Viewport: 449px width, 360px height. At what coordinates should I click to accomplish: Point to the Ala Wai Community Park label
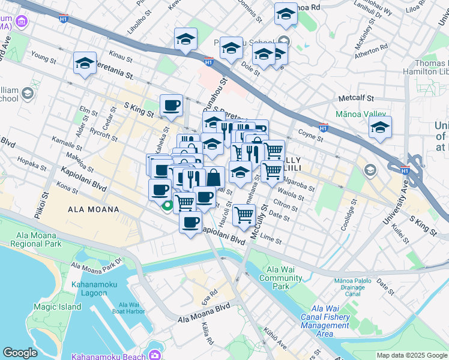[281, 278]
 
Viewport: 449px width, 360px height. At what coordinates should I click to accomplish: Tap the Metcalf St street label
[356, 97]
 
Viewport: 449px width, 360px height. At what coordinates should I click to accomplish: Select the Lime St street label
[271, 239]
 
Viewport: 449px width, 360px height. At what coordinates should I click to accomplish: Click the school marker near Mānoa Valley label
[380, 128]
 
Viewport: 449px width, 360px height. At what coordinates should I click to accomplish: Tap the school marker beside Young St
[85, 63]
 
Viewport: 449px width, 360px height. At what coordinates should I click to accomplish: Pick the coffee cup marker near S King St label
[171, 105]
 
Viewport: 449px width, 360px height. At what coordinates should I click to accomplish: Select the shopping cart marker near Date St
[244, 213]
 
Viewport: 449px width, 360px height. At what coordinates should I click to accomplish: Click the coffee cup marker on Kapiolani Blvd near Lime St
[191, 223]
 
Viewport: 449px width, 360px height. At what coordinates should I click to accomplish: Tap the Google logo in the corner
[20, 353]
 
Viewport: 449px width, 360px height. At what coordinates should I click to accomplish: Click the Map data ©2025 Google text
[412, 355]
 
